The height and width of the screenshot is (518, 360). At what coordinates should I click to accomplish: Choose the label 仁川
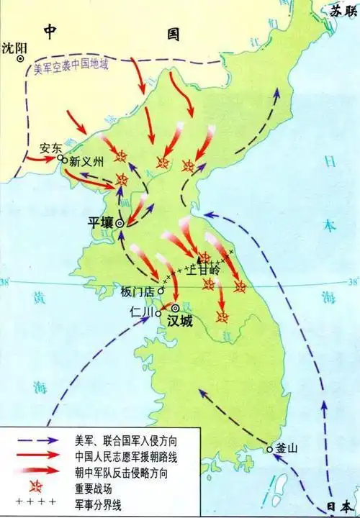137,312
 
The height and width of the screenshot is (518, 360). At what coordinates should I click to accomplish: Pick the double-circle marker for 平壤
120,222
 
